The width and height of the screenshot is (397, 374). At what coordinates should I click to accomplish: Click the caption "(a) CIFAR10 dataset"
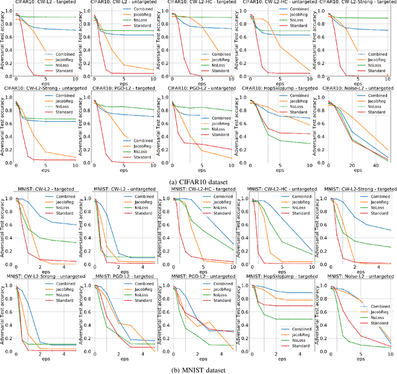click(x=198, y=180)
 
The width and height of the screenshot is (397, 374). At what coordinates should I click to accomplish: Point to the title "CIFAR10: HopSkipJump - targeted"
click(x=277, y=88)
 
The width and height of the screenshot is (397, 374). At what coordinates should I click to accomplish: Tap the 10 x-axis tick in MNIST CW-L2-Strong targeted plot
click(x=389, y=267)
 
